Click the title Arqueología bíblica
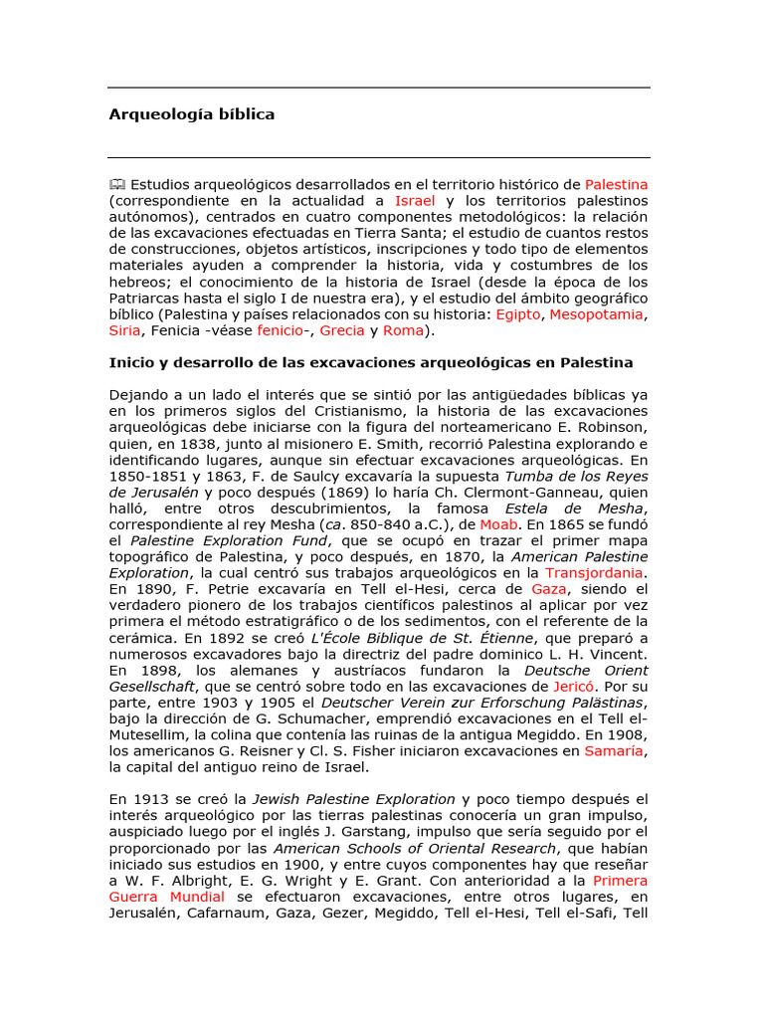point(191,114)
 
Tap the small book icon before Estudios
point(117,184)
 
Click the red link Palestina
point(616,184)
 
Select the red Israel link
point(415,200)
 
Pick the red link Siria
point(124,330)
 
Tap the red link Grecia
point(341,330)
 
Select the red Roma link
point(403,330)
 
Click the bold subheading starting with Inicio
point(370,362)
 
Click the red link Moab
point(498,523)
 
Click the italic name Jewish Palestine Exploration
point(353,800)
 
